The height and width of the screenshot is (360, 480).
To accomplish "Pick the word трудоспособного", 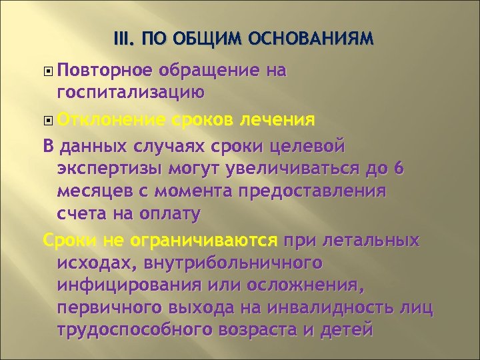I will pos(145,331).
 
